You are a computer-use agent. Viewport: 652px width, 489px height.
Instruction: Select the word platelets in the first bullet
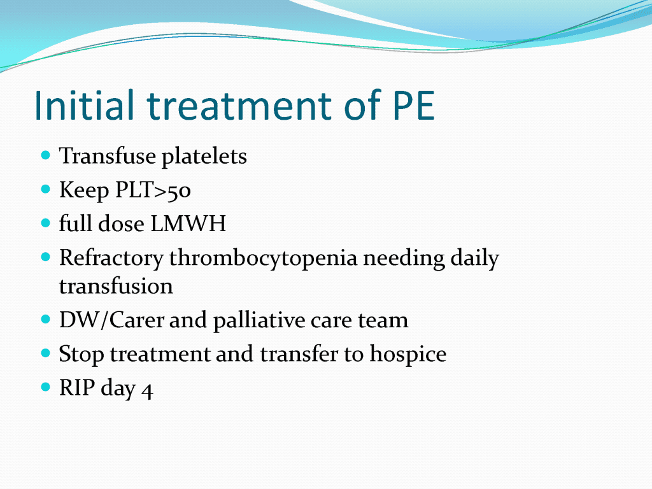coord(204,157)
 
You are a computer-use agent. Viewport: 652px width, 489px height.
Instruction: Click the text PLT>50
coord(153,190)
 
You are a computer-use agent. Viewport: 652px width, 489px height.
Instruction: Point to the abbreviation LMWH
coord(188,223)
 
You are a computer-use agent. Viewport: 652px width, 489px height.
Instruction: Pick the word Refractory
coord(111,259)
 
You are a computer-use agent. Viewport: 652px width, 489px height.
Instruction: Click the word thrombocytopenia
coord(263,259)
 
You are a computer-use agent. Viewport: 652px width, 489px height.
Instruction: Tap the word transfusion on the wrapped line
coord(116,287)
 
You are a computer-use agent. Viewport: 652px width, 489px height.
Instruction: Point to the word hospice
coord(408,355)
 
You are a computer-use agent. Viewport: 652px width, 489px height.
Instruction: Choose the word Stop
coord(81,355)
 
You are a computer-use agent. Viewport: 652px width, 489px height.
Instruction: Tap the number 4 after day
coord(147,391)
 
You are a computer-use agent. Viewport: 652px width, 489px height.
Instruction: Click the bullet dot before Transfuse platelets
coord(46,155)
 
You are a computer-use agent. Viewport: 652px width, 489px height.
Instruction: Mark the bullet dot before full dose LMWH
coord(46,223)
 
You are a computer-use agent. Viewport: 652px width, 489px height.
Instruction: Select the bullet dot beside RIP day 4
coord(46,387)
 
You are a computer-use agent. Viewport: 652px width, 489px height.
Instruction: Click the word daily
coord(475,259)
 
